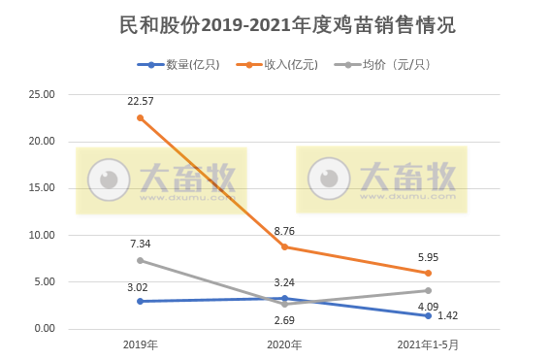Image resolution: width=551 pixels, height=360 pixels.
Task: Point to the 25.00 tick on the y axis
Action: click(x=42, y=94)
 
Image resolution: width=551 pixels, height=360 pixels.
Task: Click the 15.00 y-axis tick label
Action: click(x=42, y=188)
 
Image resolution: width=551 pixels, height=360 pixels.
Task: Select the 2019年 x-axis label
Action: click(x=141, y=344)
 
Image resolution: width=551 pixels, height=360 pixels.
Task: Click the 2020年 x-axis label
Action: click(x=284, y=344)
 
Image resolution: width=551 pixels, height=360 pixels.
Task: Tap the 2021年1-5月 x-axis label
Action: click(x=428, y=344)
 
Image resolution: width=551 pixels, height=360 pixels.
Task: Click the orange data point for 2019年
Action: click(x=141, y=117)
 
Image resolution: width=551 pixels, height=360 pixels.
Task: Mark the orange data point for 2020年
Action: click(x=284, y=246)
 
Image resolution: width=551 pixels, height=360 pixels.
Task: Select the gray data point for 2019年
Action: click(x=141, y=260)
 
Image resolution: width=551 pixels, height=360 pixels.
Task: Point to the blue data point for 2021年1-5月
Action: click(x=428, y=315)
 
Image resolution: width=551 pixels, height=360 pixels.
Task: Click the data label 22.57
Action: click(x=141, y=100)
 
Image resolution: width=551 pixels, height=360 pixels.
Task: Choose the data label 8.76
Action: click(x=284, y=230)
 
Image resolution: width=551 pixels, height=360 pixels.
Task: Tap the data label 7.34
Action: click(x=141, y=243)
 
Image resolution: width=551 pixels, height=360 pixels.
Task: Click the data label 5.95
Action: click(x=428, y=256)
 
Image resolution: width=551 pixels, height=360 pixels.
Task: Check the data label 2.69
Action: click(x=284, y=319)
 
